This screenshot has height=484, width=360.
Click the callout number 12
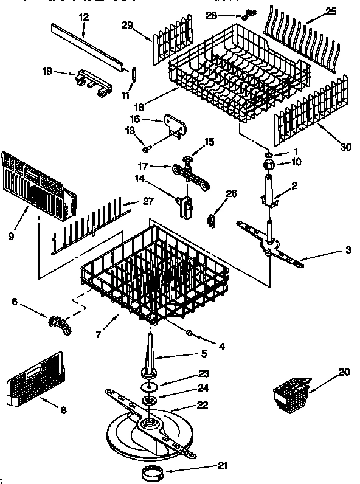(84, 17)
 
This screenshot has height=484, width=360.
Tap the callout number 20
(345, 371)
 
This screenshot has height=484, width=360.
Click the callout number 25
(331, 11)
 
